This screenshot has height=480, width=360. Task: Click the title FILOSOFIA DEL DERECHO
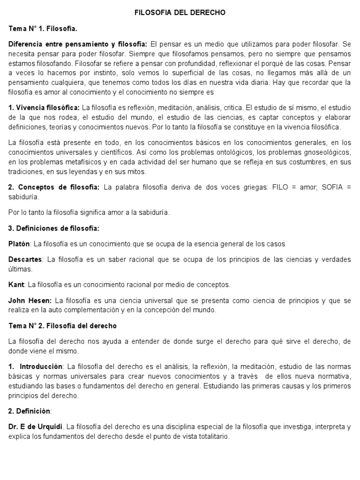click(x=180, y=13)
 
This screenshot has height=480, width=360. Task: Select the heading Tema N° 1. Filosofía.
click(x=43, y=29)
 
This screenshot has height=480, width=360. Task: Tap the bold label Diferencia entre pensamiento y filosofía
click(x=78, y=45)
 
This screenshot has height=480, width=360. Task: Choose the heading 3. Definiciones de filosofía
click(x=54, y=228)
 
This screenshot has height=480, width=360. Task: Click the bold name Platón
click(x=19, y=244)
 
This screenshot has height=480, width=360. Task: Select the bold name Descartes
click(x=25, y=260)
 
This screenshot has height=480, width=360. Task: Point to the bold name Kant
click(x=16, y=284)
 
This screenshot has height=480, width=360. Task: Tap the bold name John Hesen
click(x=29, y=300)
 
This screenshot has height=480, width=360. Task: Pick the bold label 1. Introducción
click(x=36, y=366)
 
